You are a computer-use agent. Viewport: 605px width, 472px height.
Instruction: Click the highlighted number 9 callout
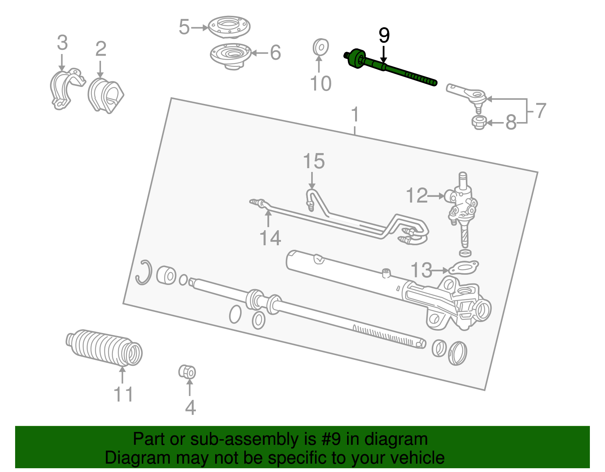click(x=384, y=36)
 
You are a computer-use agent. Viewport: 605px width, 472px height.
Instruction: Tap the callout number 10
click(x=320, y=84)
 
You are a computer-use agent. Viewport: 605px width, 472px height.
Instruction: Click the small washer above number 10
click(x=320, y=47)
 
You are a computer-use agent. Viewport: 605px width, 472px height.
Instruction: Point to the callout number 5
click(x=184, y=27)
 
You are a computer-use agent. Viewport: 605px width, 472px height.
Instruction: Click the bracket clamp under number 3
click(x=64, y=89)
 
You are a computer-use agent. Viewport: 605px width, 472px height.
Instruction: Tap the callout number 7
click(x=541, y=111)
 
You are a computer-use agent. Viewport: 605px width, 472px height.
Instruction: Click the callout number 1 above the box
click(x=355, y=114)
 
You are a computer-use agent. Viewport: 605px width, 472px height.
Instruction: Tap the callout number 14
click(x=270, y=238)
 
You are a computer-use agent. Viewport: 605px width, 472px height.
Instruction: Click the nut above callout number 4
click(x=187, y=372)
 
